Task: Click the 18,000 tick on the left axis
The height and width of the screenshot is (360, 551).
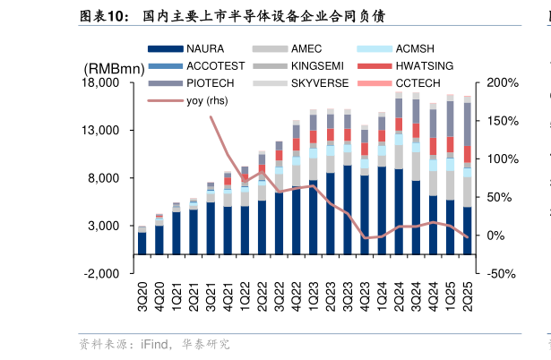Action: tap(101, 83)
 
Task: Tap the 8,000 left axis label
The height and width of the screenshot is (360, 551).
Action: tap(105, 178)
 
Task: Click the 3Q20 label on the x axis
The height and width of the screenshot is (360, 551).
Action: tap(142, 296)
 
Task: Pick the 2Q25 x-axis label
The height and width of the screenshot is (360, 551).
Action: tap(467, 296)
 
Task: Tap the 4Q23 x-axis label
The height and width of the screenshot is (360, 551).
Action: tap(365, 296)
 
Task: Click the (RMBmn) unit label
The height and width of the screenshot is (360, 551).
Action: tap(114, 69)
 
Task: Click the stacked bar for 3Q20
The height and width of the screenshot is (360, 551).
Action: tap(142, 242)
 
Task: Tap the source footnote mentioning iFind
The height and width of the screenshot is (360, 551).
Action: tap(154, 344)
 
